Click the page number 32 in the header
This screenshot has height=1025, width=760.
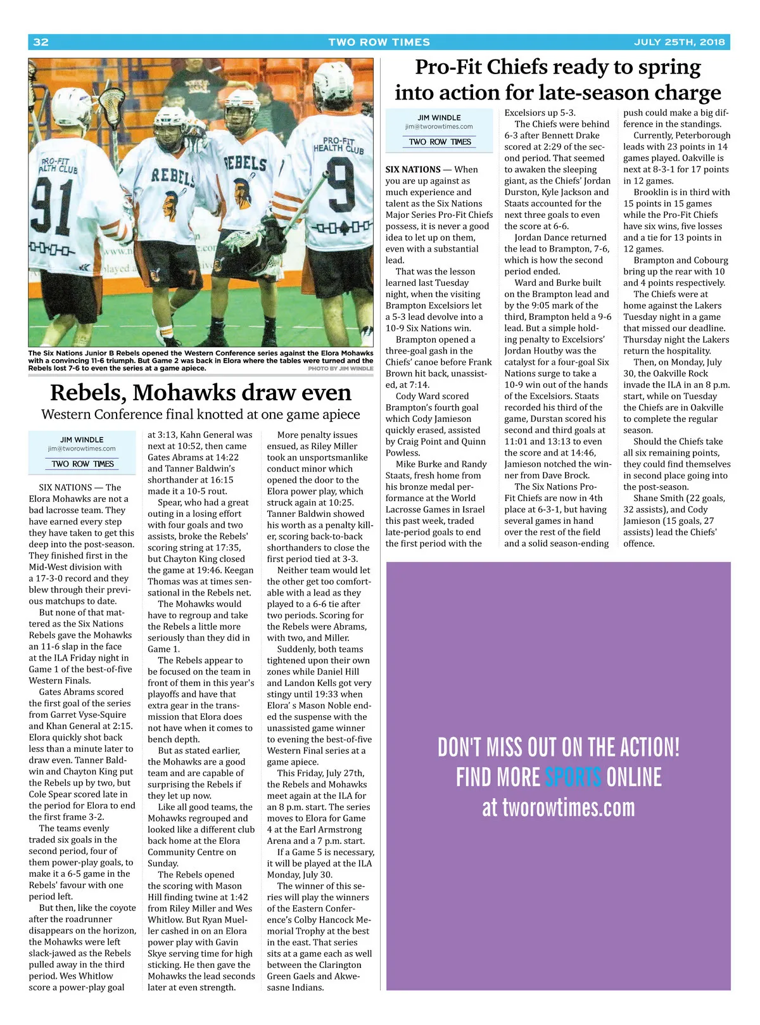[41, 42]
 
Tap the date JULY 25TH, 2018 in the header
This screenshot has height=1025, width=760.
[679, 42]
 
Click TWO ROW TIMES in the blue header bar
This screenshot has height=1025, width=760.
[379, 42]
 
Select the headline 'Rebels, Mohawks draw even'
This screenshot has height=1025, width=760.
[200, 392]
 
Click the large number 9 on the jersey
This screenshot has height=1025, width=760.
[339, 187]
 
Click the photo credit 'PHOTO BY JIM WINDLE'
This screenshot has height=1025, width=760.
[340, 368]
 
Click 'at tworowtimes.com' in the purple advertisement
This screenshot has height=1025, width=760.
[558, 808]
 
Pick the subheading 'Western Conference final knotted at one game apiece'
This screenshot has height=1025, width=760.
[200, 414]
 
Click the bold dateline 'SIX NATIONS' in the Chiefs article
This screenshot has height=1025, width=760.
[412, 170]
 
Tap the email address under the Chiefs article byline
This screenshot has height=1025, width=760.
[439, 127]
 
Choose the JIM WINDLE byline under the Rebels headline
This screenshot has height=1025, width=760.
[82, 440]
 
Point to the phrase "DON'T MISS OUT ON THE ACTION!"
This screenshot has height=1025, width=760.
[558, 748]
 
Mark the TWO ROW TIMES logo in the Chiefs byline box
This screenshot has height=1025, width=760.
[440, 142]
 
